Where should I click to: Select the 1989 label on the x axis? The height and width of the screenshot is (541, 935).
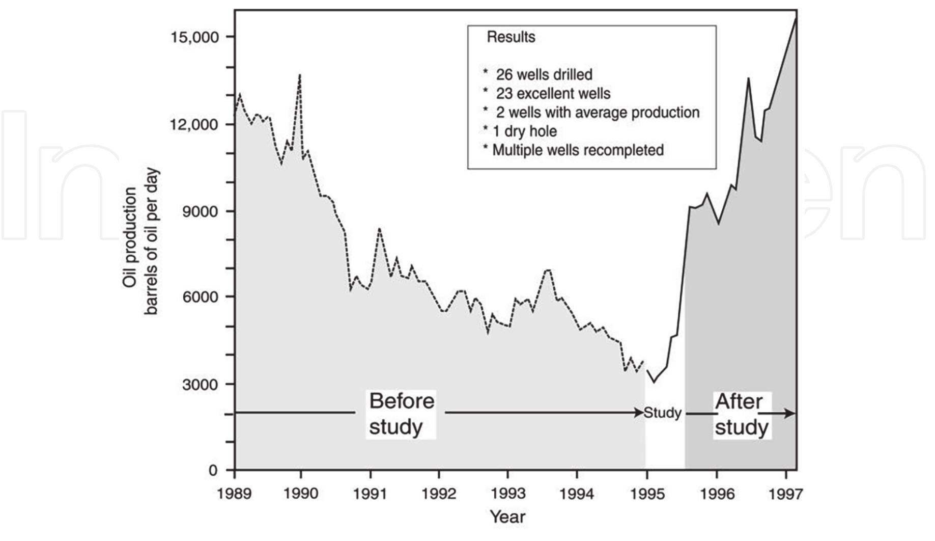(x=234, y=494)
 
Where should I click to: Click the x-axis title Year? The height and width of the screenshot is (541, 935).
(x=507, y=517)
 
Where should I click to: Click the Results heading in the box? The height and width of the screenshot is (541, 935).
(x=511, y=37)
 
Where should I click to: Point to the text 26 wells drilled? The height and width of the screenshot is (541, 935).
(x=544, y=75)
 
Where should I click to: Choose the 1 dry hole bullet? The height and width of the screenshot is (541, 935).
(x=524, y=131)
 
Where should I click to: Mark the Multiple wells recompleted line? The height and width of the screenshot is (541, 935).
(x=578, y=150)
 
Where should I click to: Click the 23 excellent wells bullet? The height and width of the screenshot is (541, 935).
(x=553, y=94)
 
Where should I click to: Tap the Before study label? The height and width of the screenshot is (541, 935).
(x=401, y=414)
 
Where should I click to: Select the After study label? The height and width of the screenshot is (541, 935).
(x=741, y=414)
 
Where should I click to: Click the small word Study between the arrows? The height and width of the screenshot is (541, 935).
(x=662, y=413)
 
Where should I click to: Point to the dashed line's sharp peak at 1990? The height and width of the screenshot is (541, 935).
(x=300, y=75)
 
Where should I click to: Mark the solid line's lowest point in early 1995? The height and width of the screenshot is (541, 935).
(x=655, y=382)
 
